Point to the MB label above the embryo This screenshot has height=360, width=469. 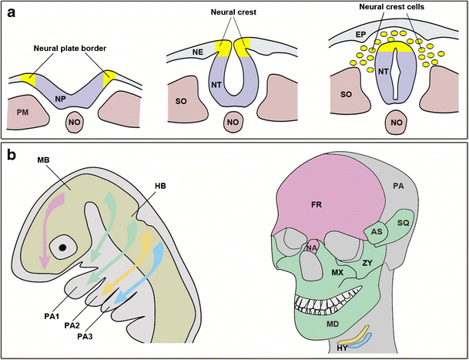point(42,160)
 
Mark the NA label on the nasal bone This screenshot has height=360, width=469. point(310,247)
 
